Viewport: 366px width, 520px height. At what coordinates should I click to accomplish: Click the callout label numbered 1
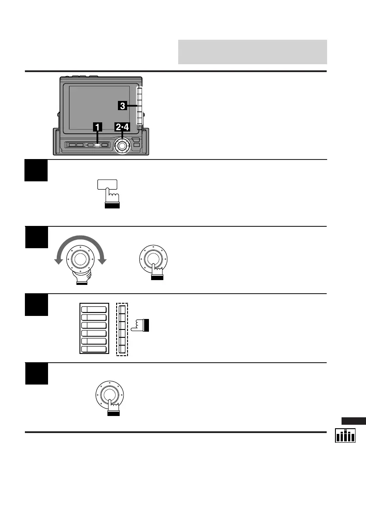pyautogui.click(x=97, y=127)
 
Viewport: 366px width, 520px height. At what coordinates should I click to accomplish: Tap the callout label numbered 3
pyautogui.click(x=123, y=105)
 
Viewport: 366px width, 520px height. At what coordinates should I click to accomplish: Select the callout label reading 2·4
pyautogui.click(x=122, y=127)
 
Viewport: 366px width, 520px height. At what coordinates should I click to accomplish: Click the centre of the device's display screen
pyautogui.click(x=100, y=108)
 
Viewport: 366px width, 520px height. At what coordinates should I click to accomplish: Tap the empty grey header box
pyautogui.click(x=252, y=52)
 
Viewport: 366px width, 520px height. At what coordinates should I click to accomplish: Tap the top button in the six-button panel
pyautogui.click(x=94, y=309)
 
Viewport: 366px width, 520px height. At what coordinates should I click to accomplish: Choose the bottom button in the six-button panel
pyautogui.click(x=94, y=349)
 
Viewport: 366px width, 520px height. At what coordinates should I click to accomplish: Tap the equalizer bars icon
pyautogui.click(x=345, y=436)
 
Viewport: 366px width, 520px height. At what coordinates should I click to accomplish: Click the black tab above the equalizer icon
pyautogui.click(x=353, y=421)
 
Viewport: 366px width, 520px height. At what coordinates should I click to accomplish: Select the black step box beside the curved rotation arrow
pyautogui.click(x=36, y=237)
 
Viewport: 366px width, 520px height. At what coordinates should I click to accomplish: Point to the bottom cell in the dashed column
pyautogui.click(x=122, y=349)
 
